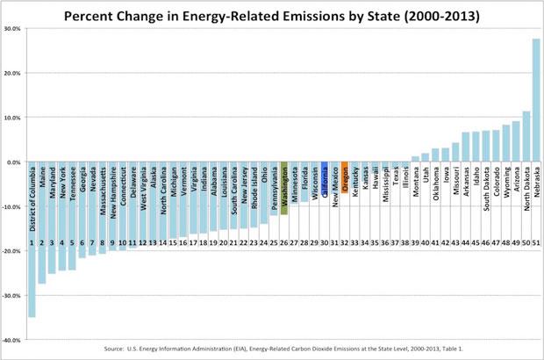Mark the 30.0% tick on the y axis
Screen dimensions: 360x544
[x=12, y=28]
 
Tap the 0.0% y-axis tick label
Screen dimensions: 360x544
[x=13, y=162]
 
